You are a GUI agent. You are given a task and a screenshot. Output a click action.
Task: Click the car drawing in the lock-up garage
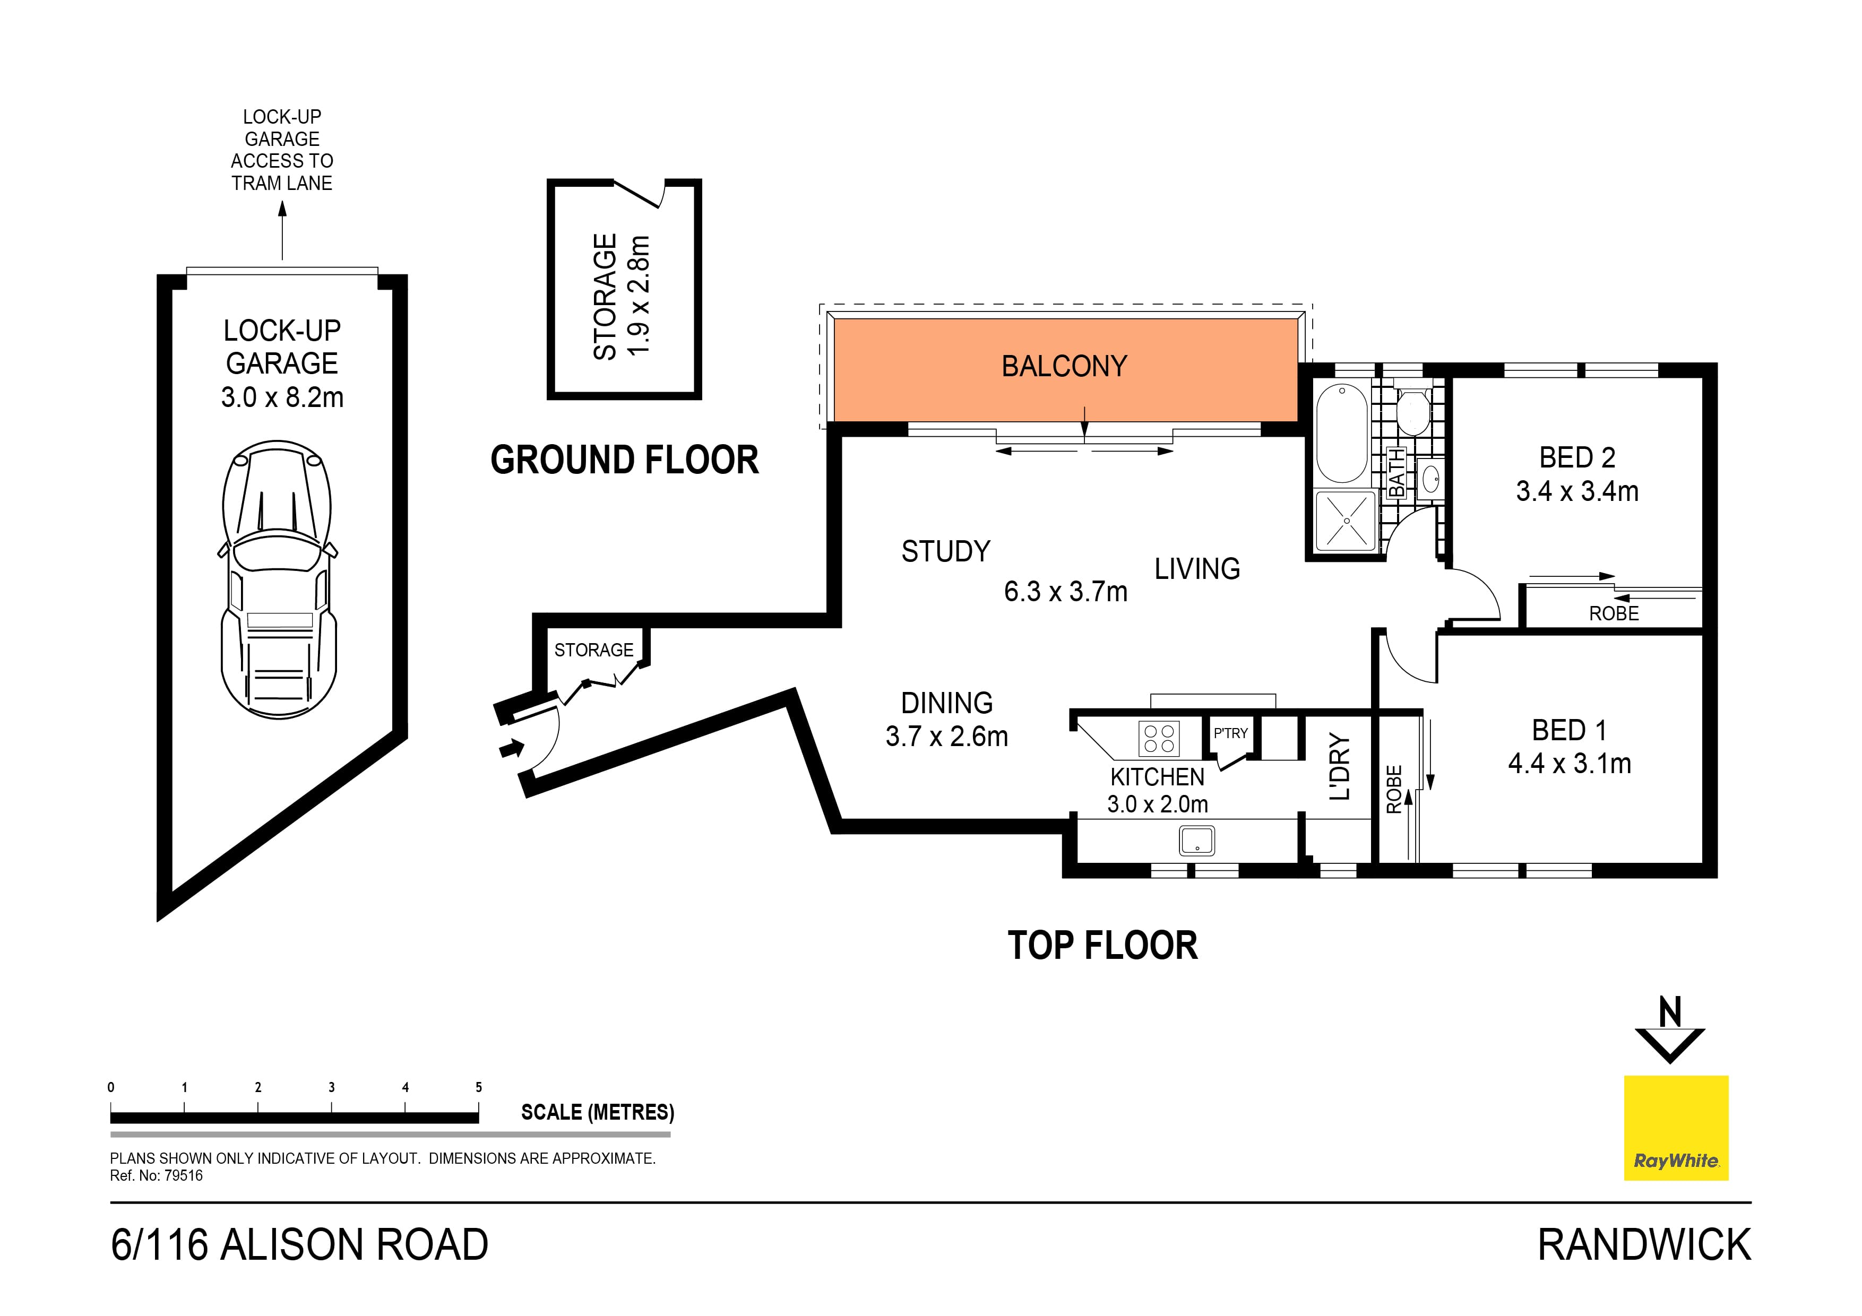[278, 580]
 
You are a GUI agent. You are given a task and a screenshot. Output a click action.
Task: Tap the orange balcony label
[1064, 367]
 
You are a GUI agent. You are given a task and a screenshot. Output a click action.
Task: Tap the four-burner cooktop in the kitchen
[1158, 738]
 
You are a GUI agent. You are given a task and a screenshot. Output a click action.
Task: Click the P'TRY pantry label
[1230, 733]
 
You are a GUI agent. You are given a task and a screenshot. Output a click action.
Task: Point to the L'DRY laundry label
[1340, 767]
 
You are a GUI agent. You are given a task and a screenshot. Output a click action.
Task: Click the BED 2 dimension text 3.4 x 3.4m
[1576, 491]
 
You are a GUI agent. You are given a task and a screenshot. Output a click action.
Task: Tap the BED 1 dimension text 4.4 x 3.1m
[1569, 764]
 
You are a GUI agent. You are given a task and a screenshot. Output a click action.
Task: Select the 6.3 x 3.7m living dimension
[1065, 592]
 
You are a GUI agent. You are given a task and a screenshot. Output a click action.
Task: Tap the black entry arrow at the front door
[511, 748]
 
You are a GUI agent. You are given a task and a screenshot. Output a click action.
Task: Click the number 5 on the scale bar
[478, 1087]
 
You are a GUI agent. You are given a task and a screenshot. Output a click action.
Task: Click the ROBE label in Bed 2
[1613, 614]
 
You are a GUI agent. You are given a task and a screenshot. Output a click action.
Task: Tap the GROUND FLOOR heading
[624, 460]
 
